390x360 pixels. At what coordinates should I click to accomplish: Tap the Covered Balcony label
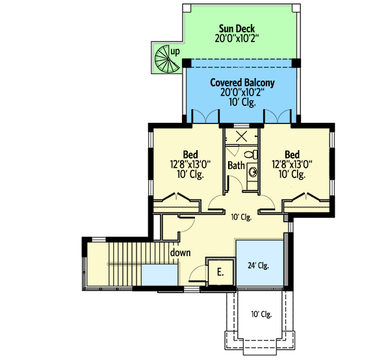click(242, 83)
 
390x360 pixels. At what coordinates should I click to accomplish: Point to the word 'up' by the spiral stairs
click(175, 51)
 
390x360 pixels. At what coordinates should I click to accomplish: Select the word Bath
click(236, 166)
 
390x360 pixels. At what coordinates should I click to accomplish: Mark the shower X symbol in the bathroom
click(241, 136)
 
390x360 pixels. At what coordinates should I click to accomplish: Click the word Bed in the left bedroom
click(190, 155)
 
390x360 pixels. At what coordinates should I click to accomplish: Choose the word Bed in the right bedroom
click(292, 155)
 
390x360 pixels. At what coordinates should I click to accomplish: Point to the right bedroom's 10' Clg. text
click(292, 174)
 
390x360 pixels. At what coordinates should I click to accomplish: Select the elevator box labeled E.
click(220, 272)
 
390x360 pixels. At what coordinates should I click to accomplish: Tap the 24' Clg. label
click(258, 265)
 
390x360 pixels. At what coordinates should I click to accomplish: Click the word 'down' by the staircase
click(180, 253)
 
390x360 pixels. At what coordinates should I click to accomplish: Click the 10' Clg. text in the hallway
click(240, 217)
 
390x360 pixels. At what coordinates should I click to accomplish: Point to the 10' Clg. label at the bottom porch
click(261, 315)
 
